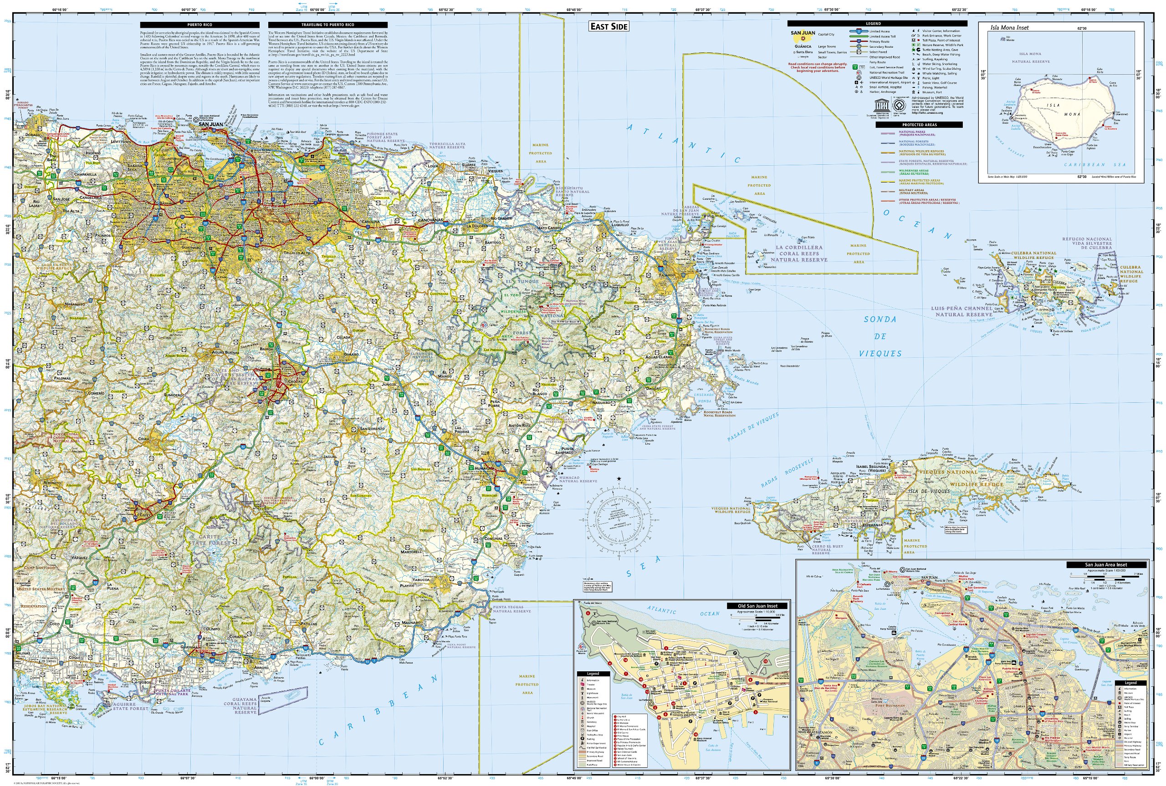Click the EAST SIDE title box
[x=609, y=26]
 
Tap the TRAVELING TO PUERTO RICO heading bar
[x=327, y=25]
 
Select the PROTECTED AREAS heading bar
[x=919, y=125]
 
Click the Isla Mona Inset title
[x=1009, y=28]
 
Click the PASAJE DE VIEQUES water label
[x=753, y=427]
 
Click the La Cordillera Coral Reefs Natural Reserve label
[x=799, y=254]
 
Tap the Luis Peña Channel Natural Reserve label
[x=961, y=311]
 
